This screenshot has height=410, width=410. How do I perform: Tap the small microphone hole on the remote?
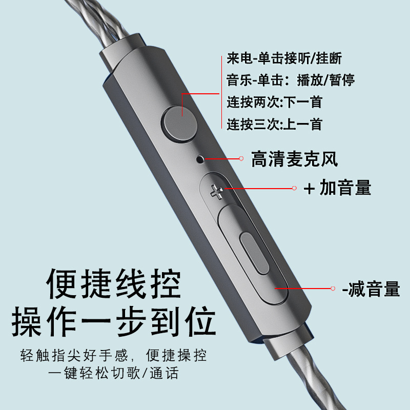pos(200,159)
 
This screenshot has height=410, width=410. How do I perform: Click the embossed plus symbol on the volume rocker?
pos(217,192)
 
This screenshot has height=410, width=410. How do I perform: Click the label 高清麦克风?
pos(294,159)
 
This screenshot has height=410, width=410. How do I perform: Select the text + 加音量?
pos(337,188)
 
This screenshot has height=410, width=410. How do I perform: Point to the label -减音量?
pos(371,289)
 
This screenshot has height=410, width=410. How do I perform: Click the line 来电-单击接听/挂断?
pos(284,58)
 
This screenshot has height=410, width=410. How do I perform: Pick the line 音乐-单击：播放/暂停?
pos(291,80)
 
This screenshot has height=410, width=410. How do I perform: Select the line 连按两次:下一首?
pos(274,101)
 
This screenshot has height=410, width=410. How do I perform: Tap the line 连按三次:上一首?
pos(274,124)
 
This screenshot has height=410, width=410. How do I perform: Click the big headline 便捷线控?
pos(114,284)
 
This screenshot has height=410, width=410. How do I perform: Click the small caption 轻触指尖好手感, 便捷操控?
pos(114,355)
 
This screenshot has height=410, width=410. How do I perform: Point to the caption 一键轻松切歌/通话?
pos(114,373)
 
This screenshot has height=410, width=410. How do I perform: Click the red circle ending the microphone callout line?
pos(241,158)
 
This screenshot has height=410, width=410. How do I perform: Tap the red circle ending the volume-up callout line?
pos(294,188)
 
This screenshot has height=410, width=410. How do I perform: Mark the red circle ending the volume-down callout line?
pos(333,289)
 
